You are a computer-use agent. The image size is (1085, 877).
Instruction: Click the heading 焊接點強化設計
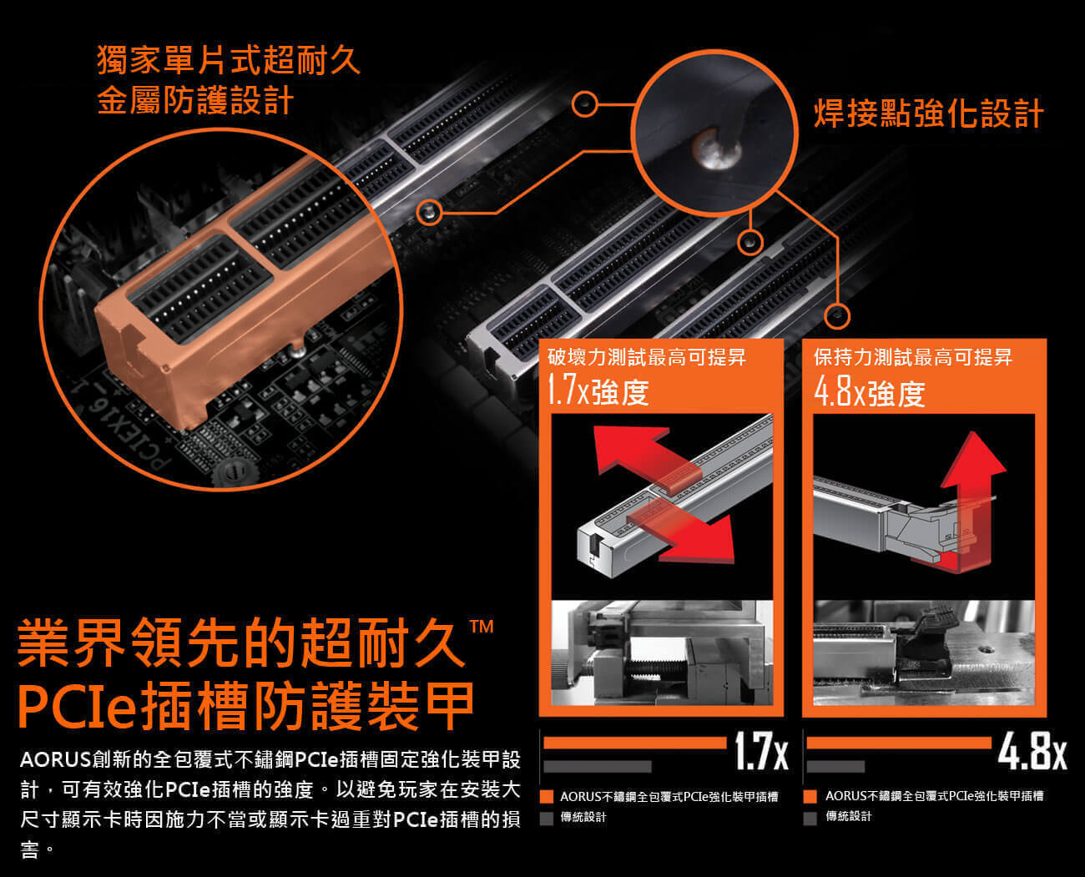pos(929,113)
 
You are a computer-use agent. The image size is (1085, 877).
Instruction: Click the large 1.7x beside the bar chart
pos(761,751)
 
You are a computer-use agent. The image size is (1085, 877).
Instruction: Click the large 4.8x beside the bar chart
pos(1032,751)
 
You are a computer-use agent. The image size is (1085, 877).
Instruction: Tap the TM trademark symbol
pos(482,627)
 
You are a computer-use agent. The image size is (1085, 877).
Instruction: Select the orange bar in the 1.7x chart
pos(635,743)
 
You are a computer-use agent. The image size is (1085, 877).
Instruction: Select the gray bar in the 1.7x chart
pos(598,767)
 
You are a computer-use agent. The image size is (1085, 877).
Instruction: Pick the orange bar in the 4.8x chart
pos(899,743)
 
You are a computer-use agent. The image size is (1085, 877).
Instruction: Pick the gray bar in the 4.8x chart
pos(835,767)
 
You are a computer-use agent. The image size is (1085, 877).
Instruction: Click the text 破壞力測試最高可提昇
pos(647,357)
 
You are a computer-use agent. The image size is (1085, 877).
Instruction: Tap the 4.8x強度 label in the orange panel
pos(870,392)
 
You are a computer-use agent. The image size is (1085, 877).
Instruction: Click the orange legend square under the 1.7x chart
pos(547,797)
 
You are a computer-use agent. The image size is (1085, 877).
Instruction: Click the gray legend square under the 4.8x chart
pos(810,818)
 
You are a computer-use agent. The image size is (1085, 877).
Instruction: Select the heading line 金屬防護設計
pos(195,100)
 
